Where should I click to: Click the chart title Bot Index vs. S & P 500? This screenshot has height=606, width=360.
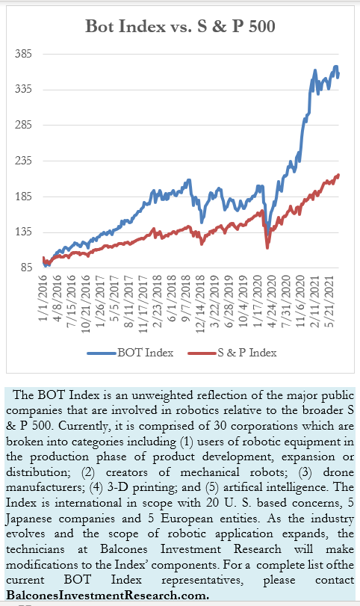pos(180,26)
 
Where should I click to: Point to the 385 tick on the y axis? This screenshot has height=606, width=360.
pos(23,54)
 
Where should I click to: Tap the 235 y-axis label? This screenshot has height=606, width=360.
pos(23,161)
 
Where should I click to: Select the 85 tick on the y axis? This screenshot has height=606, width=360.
pos(26,268)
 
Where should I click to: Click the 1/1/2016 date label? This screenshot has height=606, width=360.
pos(43,298)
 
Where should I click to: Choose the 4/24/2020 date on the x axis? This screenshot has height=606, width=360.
pos(272,301)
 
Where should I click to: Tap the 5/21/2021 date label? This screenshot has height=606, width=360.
pos(329,301)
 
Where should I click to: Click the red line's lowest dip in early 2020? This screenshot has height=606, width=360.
pos(267,247)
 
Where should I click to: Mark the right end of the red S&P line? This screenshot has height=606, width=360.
pos(338,175)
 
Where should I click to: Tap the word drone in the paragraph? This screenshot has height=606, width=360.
pos(338,472)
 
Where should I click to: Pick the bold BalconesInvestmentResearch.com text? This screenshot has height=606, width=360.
pos(108,596)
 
